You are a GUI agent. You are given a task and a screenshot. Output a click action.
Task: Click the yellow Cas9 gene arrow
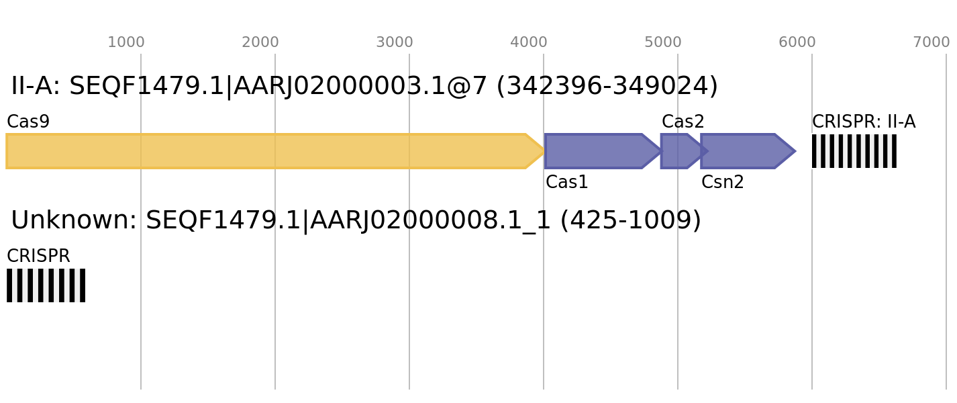[x=274, y=151]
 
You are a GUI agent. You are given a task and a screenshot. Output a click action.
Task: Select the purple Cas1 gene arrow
[x=603, y=151]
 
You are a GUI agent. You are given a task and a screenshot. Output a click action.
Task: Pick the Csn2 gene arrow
[x=748, y=151]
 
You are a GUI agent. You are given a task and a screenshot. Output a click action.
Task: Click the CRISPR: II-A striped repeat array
[x=854, y=151]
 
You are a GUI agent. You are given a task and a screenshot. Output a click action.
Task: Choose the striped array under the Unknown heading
[x=46, y=285]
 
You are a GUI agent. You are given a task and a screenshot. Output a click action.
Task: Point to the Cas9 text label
[x=28, y=122]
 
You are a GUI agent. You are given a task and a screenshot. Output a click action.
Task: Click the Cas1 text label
[x=566, y=182]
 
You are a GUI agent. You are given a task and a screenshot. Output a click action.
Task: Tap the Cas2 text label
[x=683, y=122]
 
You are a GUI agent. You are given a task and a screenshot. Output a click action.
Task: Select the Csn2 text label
[x=723, y=182]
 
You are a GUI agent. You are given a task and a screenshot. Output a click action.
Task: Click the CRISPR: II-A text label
[x=864, y=122]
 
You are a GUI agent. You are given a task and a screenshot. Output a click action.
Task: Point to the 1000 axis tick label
[x=126, y=42]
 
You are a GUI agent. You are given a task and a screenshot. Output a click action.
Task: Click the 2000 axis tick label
[x=260, y=42]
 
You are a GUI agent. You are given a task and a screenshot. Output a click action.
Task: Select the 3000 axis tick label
[x=395, y=42]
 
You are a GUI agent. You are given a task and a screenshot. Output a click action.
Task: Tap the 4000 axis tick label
[x=528, y=42]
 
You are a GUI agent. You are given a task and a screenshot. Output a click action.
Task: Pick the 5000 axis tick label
[x=662, y=42]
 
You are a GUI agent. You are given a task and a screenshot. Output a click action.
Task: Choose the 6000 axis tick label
[x=797, y=42]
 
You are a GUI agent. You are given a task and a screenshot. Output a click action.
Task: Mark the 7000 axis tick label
[x=931, y=42]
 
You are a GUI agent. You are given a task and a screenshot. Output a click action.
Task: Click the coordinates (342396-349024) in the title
[x=607, y=87]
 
